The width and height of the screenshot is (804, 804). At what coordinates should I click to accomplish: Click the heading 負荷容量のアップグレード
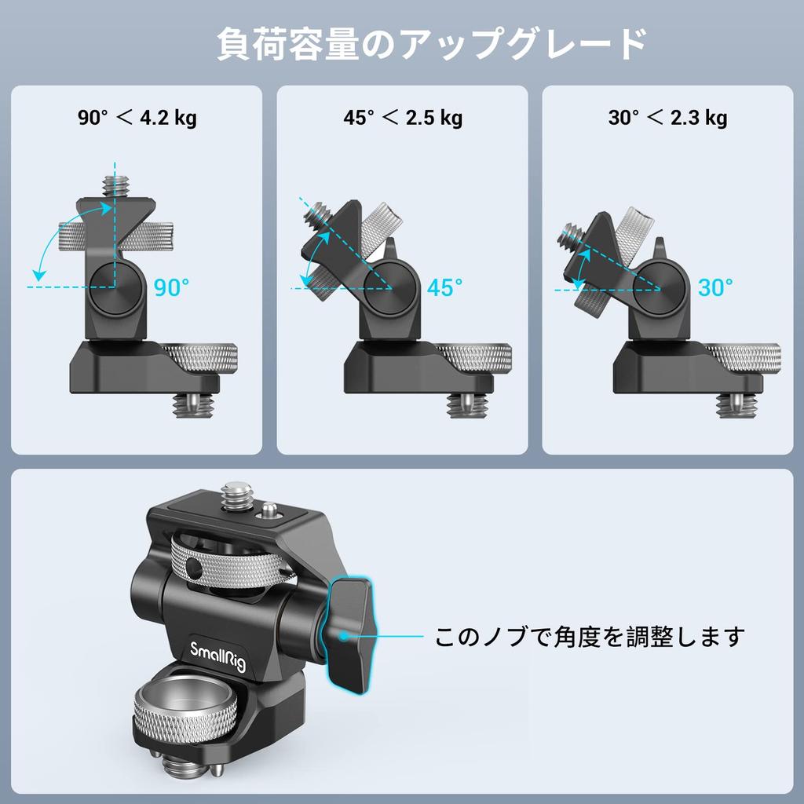pyautogui.click(x=431, y=45)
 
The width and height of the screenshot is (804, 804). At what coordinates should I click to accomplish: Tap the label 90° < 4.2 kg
pyautogui.click(x=137, y=119)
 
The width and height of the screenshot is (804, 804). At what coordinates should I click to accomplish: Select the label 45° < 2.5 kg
pyautogui.click(x=402, y=119)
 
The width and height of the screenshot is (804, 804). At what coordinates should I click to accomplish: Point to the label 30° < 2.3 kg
pyautogui.click(x=667, y=119)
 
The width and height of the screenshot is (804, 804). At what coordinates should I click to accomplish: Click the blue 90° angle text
pyautogui.click(x=171, y=288)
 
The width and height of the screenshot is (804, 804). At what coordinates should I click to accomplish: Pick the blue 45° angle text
pyautogui.click(x=444, y=288)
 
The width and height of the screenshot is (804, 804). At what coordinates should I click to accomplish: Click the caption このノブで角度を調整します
pyautogui.click(x=589, y=636)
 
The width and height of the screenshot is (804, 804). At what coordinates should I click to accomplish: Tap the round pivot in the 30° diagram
pyautogui.click(x=659, y=287)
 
